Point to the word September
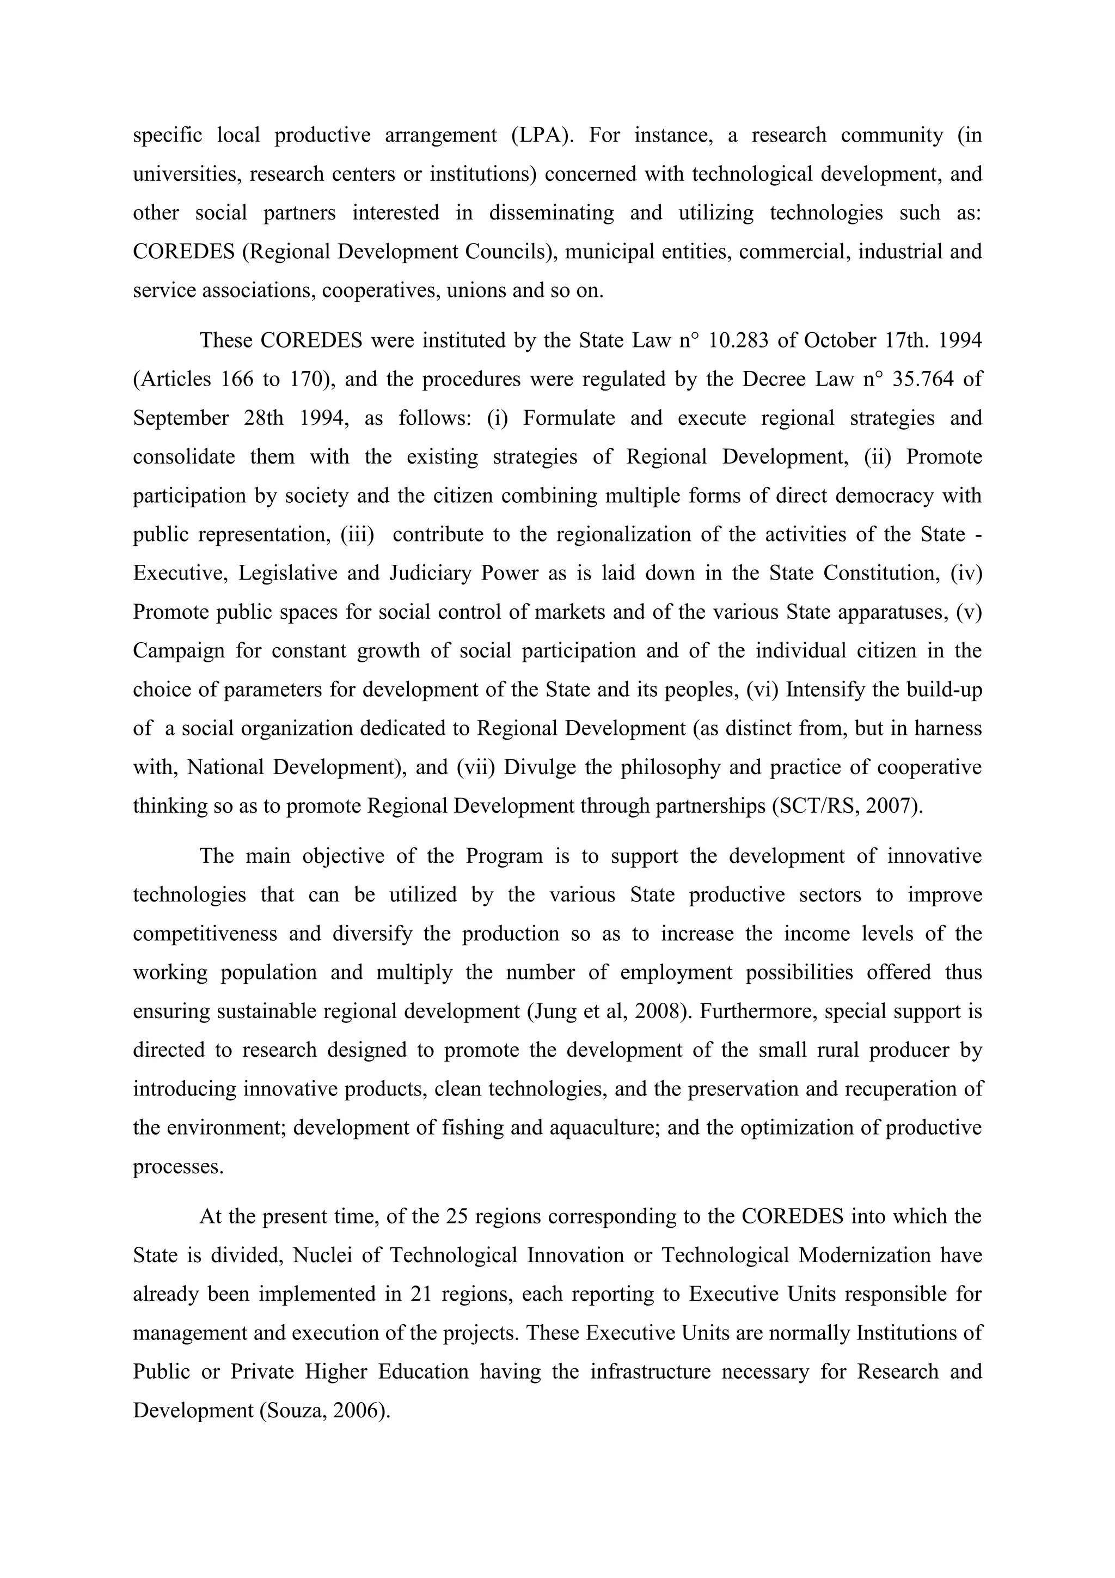(181, 418)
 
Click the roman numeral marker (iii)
(357, 534)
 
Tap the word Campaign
(179, 650)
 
